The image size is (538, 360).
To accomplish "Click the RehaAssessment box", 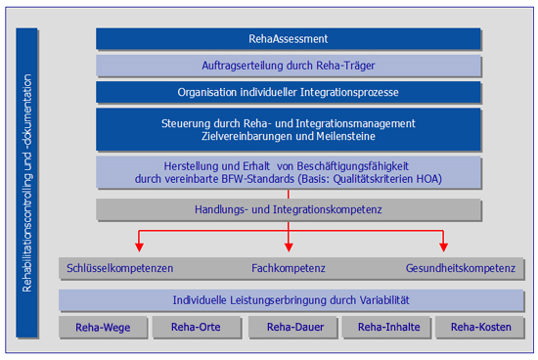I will pos(288,39).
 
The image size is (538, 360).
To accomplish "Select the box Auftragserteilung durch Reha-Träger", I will pos(288,66).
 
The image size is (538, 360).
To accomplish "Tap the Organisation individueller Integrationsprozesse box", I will pos(288,92).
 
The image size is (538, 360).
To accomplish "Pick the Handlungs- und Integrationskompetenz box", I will pos(288,209).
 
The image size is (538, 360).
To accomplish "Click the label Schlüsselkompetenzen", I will pos(119,268).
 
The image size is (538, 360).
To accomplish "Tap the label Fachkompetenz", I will pos(288,268).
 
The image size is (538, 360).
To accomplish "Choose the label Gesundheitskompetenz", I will pos(459,268).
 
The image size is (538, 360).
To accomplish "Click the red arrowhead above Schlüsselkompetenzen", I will pos(138,246).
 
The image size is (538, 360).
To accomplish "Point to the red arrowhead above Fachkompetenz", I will pos(289,246).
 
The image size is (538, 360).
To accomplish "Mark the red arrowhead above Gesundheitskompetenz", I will pos(444,246).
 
